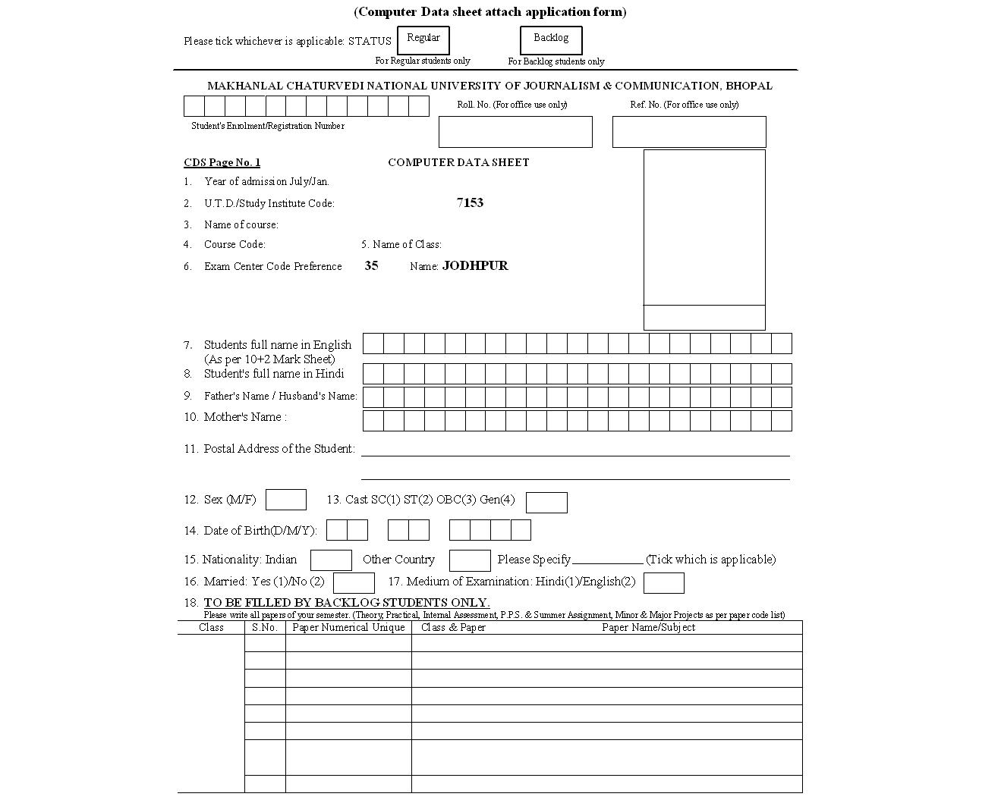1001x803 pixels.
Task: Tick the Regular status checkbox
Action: pyautogui.click(x=423, y=40)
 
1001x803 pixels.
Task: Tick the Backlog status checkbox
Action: pyautogui.click(x=551, y=40)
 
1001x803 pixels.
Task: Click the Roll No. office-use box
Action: pyautogui.click(x=515, y=132)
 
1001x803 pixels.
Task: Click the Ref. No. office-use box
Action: pyautogui.click(x=689, y=132)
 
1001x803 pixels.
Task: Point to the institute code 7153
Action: pyautogui.click(x=470, y=202)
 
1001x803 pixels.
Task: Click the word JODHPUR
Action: pyautogui.click(x=475, y=265)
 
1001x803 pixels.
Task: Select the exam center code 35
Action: pyautogui.click(x=371, y=265)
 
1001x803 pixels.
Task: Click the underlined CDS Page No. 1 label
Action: pyautogui.click(x=222, y=162)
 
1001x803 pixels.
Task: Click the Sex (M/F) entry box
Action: pyautogui.click(x=286, y=500)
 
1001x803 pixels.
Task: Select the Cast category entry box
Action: pyautogui.click(x=546, y=502)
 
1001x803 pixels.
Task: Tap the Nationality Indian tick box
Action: pyautogui.click(x=331, y=560)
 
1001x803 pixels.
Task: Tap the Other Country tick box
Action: pyautogui.click(x=470, y=560)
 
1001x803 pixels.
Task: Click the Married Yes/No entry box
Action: pyautogui.click(x=354, y=582)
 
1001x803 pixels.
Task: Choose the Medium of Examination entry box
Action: pyautogui.click(x=663, y=582)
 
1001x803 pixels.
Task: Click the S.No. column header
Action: pyautogui.click(x=265, y=627)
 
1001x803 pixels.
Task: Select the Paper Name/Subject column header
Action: pyautogui.click(x=648, y=627)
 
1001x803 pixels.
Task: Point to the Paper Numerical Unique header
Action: pyautogui.click(x=348, y=627)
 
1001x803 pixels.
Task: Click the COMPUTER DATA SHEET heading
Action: pyautogui.click(x=458, y=162)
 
